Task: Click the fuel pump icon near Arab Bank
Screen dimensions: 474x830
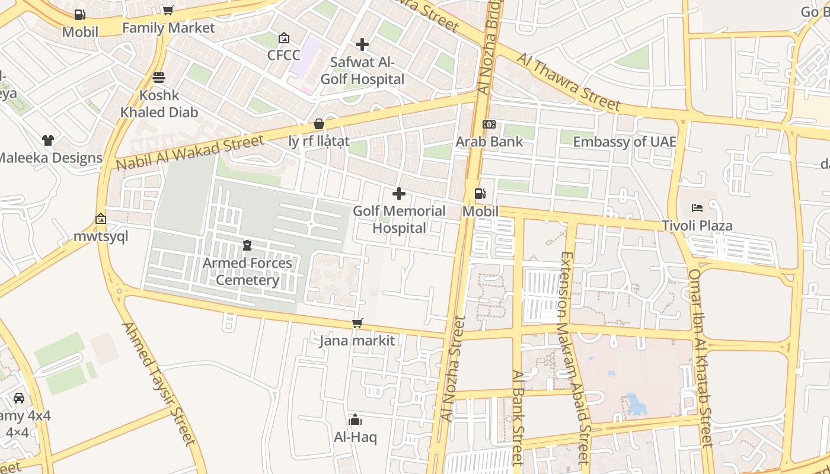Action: [x=480, y=194]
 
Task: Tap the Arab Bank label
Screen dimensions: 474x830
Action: [x=489, y=142]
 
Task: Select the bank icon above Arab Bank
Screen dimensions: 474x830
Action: [x=489, y=124]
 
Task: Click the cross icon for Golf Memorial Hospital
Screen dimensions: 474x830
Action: [x=399, y=194]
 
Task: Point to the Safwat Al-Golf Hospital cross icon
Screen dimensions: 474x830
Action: [x=362, y=44]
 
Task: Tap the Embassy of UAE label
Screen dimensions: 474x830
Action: [x=624, y=142]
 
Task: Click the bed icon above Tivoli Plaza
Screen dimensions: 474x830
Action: [x=697, y=208]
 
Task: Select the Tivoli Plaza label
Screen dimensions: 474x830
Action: [x=697, y=226]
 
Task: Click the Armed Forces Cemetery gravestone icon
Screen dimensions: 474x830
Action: [x=247, y=245]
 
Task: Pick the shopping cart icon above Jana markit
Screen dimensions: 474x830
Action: [x=357, y=323]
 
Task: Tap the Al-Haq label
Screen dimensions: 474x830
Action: [x=355, y=437]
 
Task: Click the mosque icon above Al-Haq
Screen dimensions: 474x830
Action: [x=355, y=420]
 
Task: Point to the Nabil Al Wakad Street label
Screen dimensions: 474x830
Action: [x=190, y=152]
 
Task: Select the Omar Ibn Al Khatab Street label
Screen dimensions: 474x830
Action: [x=700, y=358]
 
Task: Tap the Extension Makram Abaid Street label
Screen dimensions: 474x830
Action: [x=574, y=358]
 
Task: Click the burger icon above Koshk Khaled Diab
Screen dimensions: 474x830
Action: [x=159, y=78]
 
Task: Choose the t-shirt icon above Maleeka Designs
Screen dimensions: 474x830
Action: [x=48, y=140]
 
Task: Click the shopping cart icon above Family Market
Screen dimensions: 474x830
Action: [x=168, y=10]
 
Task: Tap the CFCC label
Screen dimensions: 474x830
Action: [x=284, y=55]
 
